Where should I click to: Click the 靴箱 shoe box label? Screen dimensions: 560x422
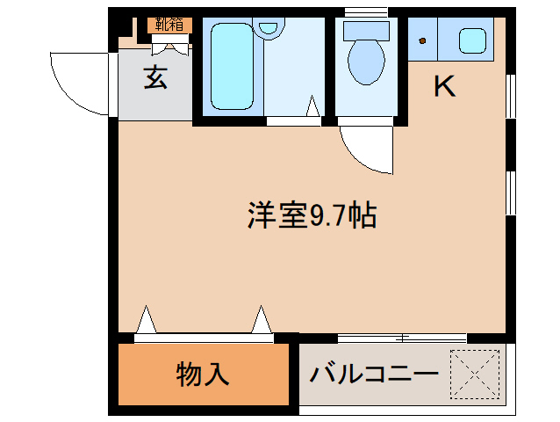pyautogui.click(x=169, y=25)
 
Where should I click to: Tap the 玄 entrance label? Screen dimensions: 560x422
pyautogui.click(x=155, y=77)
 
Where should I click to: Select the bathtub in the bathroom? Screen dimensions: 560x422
pyautogui.click(x=232, y=66)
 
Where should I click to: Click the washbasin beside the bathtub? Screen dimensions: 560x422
pyautogui.click(x=268, y=28)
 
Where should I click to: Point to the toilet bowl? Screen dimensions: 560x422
pyautogui.click(x=366, y=62)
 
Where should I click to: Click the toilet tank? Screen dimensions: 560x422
pyautogui.click(x=366, y=31)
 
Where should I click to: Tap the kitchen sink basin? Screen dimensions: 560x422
pyautogui.click(x=472, y=40)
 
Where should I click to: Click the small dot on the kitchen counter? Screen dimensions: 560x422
pyautogui.click(x=423, y=40)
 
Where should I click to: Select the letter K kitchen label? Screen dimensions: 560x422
pyautogui.click(x=445, y=86)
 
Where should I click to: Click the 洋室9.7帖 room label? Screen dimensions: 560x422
pyautogui.click(x=312, y=215)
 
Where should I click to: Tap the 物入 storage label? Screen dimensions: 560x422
pyautogui.click(x=203, y=375)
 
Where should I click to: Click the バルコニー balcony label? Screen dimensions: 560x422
pyautogui.click(x=374, y=374)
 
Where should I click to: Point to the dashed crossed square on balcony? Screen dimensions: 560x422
pyautogui.click(x=475, y=374)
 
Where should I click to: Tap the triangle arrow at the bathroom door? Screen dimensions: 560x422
pyautogui.click(x=312, y=105)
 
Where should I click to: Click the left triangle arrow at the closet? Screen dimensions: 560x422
pyautogui.click(x=146, y=319)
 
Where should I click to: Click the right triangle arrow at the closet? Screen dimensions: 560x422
pyautogui.click(x=262, y=319)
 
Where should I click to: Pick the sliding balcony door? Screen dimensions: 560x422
pyautogui.click(x=402, y=338)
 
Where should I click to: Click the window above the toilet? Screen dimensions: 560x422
pyautogui.click(x=366, y=11)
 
